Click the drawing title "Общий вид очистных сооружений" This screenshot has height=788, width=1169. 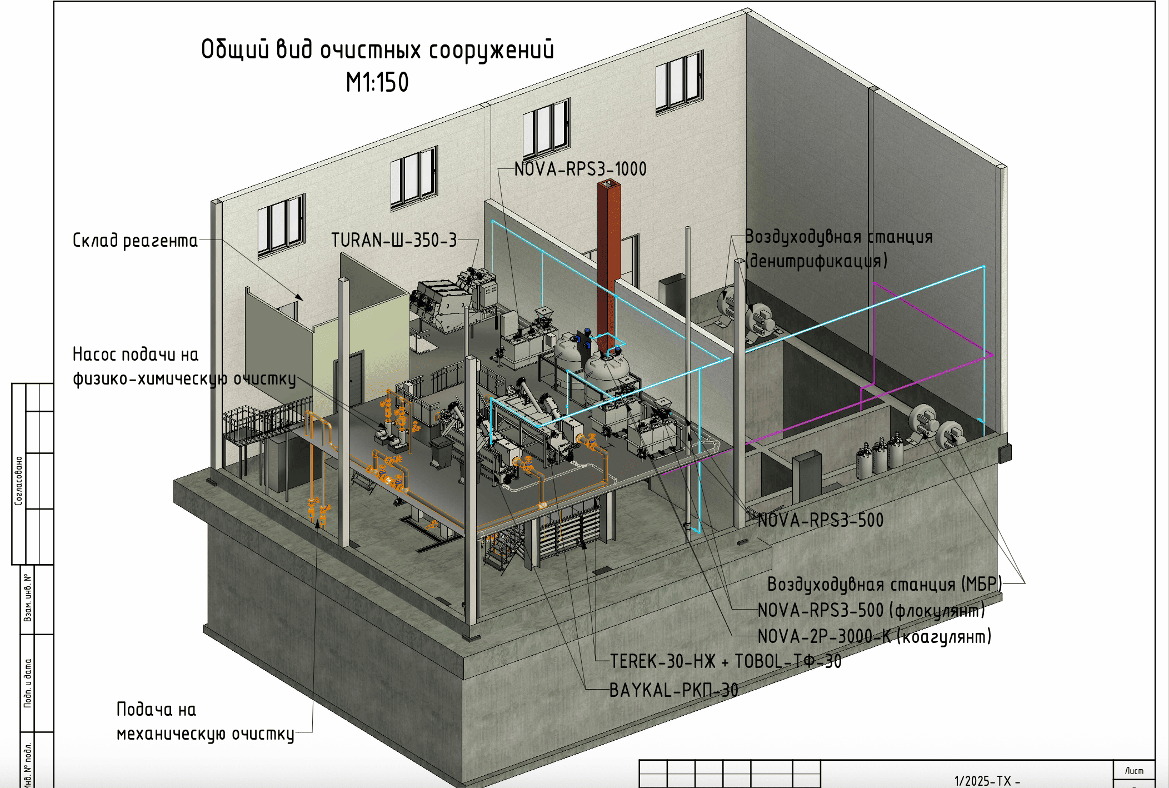(377, 50)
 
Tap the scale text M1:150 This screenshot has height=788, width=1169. (377, 83)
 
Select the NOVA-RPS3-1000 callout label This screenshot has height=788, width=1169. (580, 169)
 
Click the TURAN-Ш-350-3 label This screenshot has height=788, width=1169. (394, 240)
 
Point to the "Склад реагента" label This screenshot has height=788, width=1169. (135, 241)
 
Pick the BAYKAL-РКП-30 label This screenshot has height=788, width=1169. (673, 691)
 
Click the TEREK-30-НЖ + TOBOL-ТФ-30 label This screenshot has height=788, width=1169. (725, 661)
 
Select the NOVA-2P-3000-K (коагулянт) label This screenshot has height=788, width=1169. (874, 636)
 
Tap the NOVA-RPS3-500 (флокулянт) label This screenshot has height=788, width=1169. (871, 611)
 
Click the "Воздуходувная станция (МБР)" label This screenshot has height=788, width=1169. (884, 584)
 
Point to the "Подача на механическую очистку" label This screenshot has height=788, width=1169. (204, 722)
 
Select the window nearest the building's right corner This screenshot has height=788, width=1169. (679, 82)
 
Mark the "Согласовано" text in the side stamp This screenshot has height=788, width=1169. (19, 481)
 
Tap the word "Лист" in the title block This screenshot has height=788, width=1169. (1134, 771)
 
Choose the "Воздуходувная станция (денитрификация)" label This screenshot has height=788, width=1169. (838, 248)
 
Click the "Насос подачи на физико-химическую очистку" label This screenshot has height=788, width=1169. (184, 367)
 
